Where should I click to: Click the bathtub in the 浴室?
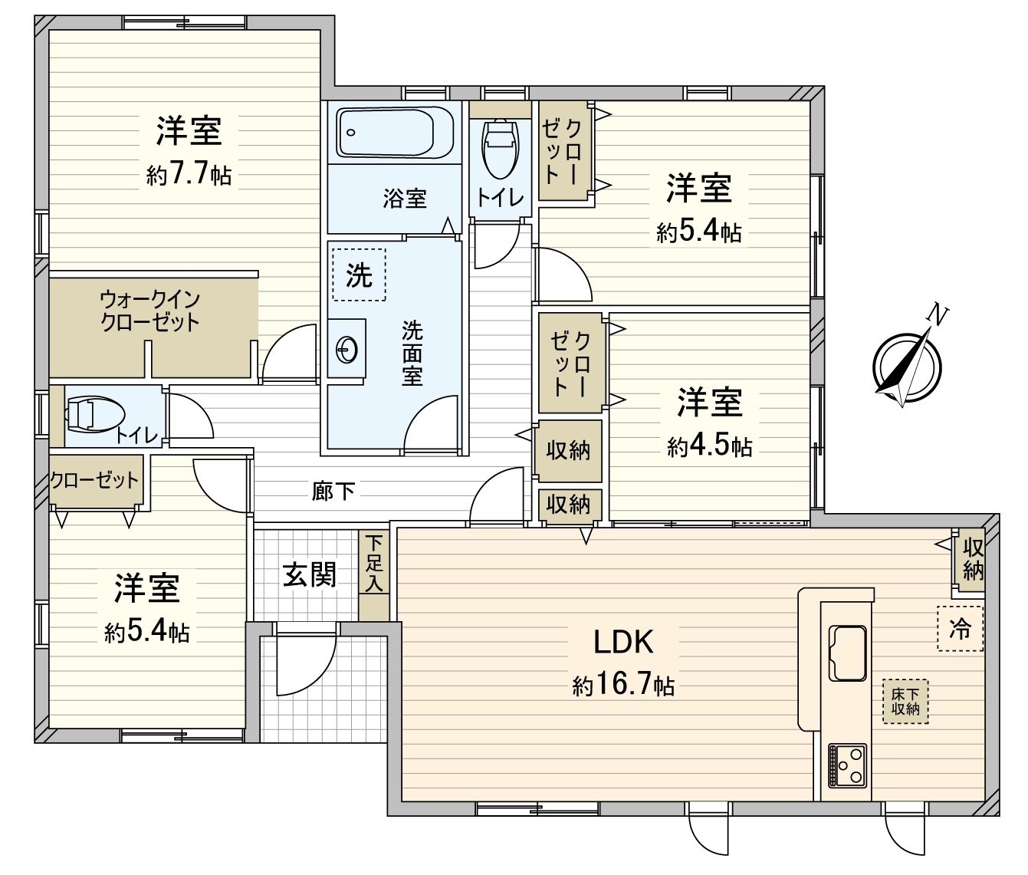click(x=396, y=133)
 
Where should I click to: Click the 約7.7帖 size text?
click(x=189, y=176)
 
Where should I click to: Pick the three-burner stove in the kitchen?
click(x=847, y=765)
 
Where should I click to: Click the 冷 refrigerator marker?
click(x=960, y=629)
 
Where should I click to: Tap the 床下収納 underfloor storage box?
click(x=905, y=701)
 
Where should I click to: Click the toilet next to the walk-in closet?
click(x=94, y=415)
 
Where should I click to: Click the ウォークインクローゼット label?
click(x=150, y=310)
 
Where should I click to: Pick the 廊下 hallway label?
click(x=333, y=491)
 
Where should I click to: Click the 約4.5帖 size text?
click(x=709, y=447)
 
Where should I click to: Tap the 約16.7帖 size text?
click(x=623, y=685)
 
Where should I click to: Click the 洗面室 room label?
click(x=412, y=354)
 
